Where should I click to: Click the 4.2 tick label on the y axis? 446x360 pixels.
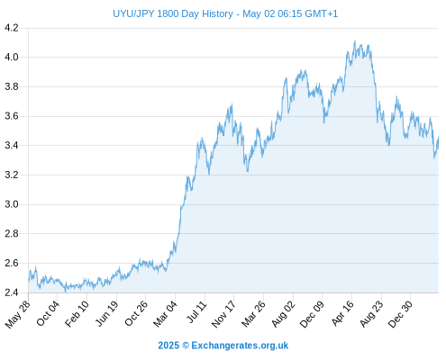pyautogui.click(x=12, y=28)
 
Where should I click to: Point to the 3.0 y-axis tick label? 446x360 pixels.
pyautogui.click(x=12, y=204)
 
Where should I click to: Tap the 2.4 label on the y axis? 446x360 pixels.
pyautogui.click(x=12, y=292)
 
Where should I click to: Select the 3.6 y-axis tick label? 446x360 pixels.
pyautogui.click(x=12, y=116)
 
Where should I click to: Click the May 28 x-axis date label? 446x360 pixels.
pyautogui.click(x=18, y=314)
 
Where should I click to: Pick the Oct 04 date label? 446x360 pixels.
pyautogui.click(x=48, y=313)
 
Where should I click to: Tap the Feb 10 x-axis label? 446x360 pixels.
pyautogui.click(x=77, y=313)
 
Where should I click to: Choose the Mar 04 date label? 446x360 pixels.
pyautogui.click(x=166, y=314)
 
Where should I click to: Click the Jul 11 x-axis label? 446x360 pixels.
pyautogui.click(x=196, y=312)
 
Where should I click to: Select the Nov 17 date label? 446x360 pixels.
pyautogui.click(x=223, y=314)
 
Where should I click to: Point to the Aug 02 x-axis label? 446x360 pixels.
pyautogui.click(x=283, y=314)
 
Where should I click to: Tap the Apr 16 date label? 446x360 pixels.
pyautogui.click(x=342, y=313)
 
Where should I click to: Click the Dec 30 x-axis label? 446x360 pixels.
pyautogui.click(x=401, y=314)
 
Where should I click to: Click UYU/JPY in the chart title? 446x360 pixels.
pyautogui.click(x=133, y=13)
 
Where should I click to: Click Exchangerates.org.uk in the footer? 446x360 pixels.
pyautogui.click(x=240, y=346)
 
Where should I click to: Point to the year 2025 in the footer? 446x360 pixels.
pyautogui.click(x=168, y=346)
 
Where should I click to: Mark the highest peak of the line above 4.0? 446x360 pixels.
pyautogui.click(x=355, y=41)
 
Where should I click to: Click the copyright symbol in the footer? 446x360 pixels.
pyautogui.click(x=186, y=346)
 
